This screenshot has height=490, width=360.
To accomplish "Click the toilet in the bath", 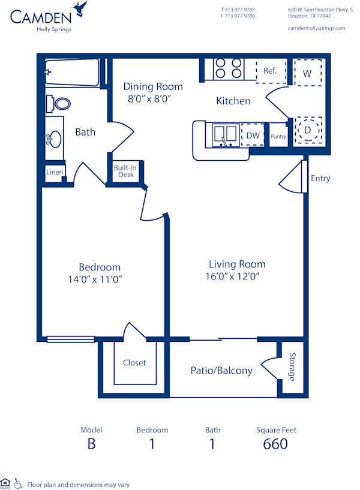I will click(x=61, y=103).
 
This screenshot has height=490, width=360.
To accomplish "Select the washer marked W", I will click(x=307, y=73).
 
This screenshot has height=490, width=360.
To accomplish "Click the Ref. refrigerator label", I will click(x=270, y=71).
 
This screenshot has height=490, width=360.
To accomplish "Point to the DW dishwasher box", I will click(x=253, y=136).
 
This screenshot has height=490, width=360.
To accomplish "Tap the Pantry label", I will click(x=278, y=137).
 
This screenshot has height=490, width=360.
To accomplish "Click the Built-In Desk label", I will click(x=125, y=171).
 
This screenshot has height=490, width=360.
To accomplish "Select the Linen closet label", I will click(x=55, y=172).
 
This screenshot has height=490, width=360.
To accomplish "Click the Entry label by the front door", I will click(x=320, y=178).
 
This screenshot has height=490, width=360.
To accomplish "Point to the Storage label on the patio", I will click(x=292, y=367).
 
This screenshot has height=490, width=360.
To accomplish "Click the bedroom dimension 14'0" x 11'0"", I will click(x=100, y=279).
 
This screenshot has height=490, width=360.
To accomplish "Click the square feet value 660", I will click(x=275, y=444).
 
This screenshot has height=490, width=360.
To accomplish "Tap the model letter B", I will click(x=91, y=444).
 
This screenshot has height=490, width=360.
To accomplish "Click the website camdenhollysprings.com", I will click(x=316, y=28).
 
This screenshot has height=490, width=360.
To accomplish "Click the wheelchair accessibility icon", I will click(x=18, y=483).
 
